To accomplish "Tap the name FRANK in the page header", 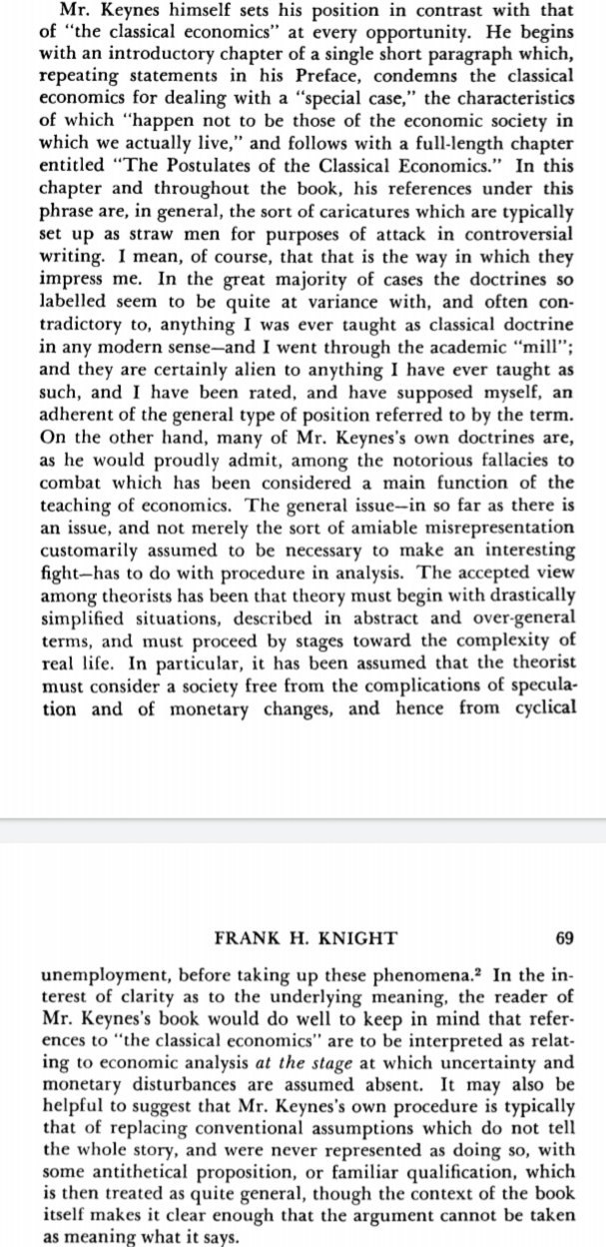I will click(x=248, y=938).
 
